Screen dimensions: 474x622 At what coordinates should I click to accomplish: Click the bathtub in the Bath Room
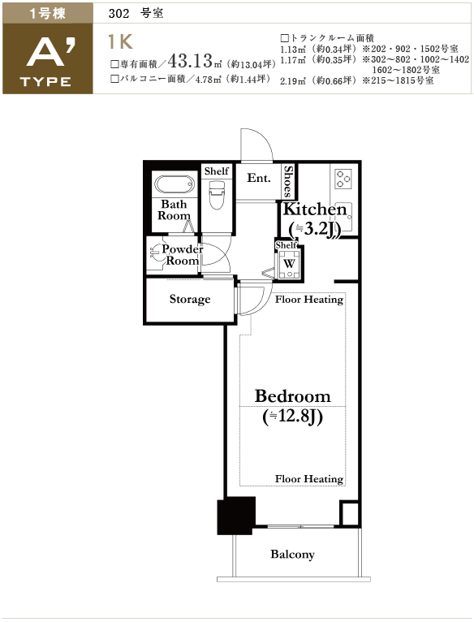pos(175,184)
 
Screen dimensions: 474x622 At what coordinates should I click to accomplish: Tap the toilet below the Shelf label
pos(217,195)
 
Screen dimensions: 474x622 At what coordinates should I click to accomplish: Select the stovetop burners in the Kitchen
pos(343,179)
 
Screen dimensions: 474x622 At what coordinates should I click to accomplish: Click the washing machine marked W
pos(289,264)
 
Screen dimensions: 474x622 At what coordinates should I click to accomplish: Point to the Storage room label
pos(190,299)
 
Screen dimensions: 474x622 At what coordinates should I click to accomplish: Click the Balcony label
pos(292,554)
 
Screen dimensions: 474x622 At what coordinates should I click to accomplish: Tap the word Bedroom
pos(292,396)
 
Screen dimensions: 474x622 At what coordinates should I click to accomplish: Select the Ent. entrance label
pos(259,178)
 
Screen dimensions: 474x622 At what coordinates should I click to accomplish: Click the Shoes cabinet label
pos(288,182)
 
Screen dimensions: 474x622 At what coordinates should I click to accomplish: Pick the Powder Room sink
pos(156,253)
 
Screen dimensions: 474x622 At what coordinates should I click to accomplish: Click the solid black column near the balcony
pos(235,516)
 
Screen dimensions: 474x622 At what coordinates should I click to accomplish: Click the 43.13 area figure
pos(191,61)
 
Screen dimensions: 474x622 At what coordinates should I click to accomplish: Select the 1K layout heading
pos(120,42)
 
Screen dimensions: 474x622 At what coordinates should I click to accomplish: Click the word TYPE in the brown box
pos(45,82)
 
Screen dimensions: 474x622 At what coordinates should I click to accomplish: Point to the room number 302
pos(119,14)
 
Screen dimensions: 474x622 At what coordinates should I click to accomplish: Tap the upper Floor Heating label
pos(309,300)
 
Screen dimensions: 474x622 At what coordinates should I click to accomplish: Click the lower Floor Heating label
pos(309,479)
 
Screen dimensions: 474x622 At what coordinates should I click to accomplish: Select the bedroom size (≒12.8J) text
pos(292,417)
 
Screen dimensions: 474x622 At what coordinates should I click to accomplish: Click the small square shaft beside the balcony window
pos(350,514)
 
